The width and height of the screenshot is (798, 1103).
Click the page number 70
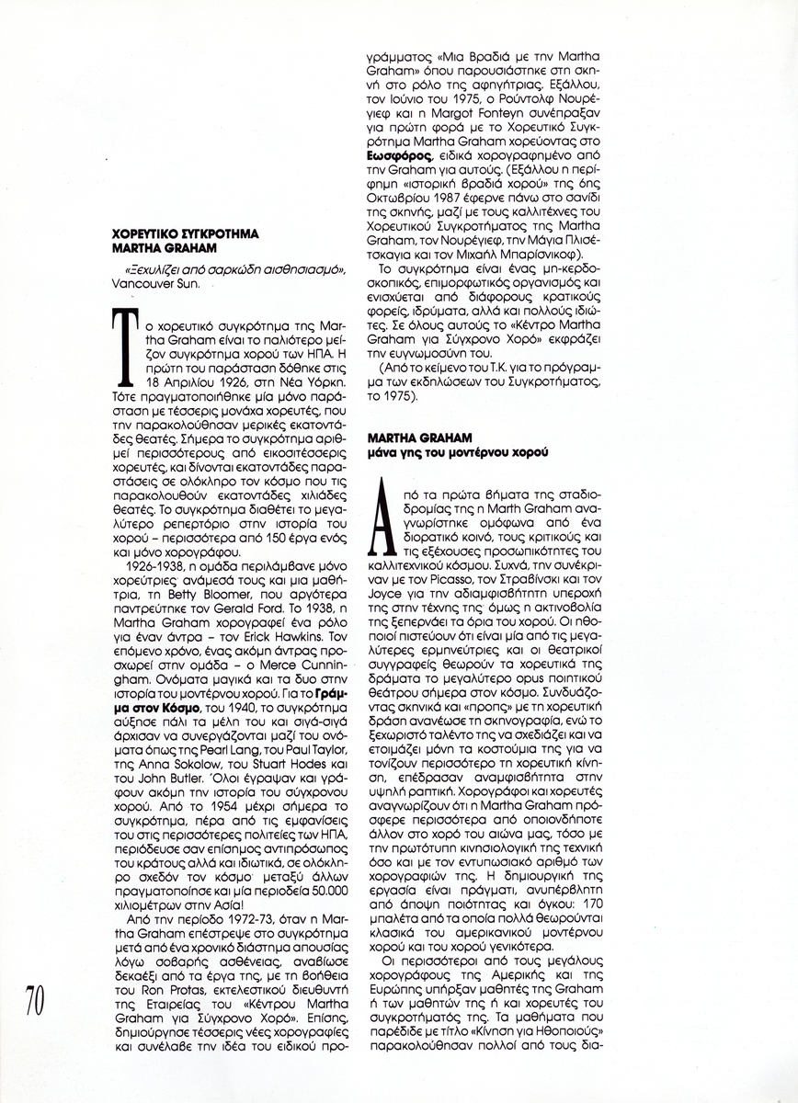pos(34,999)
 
